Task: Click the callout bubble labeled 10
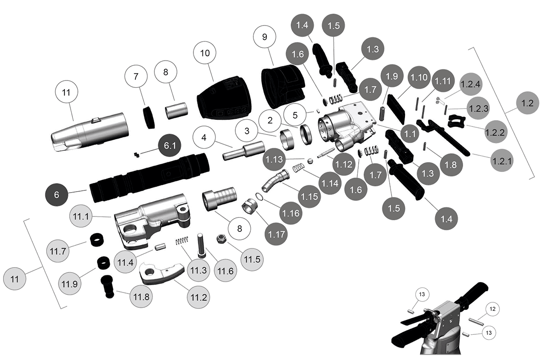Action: (x=205, y=53)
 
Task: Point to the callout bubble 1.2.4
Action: (x=471, y=84)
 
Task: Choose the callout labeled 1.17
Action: (x=277, y=234)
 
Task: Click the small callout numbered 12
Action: (x=492, y=309)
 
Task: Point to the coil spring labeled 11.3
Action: (x=180, y=242)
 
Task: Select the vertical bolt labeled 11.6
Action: (x=201, y=243)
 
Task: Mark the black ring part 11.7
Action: (x=96, y=240)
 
